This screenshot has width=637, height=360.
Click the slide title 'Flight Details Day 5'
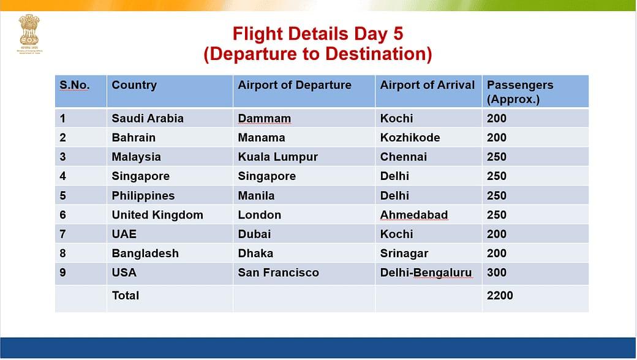coord(317,34)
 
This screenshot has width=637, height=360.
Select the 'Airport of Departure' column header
coord(295,85)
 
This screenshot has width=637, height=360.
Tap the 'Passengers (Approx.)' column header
coord(519,92)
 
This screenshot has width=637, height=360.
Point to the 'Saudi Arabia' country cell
coord(148,118)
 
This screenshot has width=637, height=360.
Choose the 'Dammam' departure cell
coord(264,118)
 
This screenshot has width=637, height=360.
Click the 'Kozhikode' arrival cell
coord(410,137)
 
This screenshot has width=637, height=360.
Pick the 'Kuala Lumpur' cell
coord(277,157)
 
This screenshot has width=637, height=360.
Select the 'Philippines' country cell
coord(143,195)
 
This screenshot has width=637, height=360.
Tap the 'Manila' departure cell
coord(256,195)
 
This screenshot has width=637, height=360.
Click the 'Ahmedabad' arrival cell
coord(413,215)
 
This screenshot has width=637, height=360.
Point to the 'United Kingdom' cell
coord(157,215)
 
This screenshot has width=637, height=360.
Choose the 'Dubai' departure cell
coord(254,234)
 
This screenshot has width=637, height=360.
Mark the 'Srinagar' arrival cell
coord(404,253)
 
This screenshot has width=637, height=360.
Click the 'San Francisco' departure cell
coord(278,272)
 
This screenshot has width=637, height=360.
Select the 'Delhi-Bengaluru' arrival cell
coord(426,272)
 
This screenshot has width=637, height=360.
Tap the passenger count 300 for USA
coord(496,272)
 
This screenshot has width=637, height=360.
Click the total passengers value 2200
coord(500,295)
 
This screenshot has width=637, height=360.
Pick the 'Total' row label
coord(126,295)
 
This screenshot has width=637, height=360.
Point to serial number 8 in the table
coord(62,253)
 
